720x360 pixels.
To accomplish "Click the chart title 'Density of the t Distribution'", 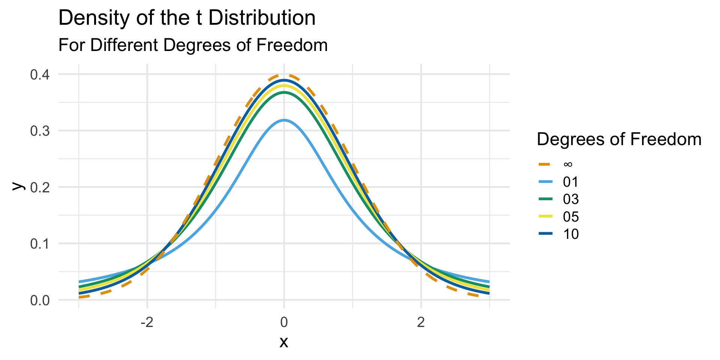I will click(x=187, y=18).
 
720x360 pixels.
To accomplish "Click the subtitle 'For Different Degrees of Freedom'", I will click(x=193, y=45).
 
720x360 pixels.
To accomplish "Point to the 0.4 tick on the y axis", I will click(x=40, y=75).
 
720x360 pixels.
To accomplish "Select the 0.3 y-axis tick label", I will click(x=40, y=131).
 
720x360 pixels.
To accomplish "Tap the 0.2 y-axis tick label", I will click(x=40, y=187).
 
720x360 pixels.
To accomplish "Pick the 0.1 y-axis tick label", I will click(x=40, y=244).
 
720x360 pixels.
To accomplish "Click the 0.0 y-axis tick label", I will click(x=40, y=300).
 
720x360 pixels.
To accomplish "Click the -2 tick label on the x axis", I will click(x=147, y=322).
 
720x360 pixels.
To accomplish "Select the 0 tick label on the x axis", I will click(x=284, y=322).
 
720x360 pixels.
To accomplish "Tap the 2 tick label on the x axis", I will click(x=421, y=322).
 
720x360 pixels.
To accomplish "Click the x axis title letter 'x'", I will click(x=284, y=342).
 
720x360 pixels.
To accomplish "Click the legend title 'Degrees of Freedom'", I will click(x=619, y=139).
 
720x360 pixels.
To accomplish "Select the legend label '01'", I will click(x=571, y=182).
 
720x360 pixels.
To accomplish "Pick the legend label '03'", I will click(x=571, y=199).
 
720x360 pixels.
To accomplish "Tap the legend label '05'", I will click(x=571, y=217).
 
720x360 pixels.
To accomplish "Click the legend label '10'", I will click(x=571, y=234).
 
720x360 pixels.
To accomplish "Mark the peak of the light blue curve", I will click(x=284, y=120).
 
